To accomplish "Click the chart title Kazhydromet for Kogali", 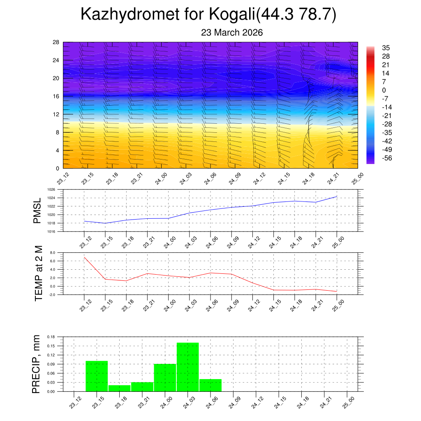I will (x=208, y=14).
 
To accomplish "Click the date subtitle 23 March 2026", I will (x=232, y=32).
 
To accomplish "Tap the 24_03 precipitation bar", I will (x=188, y=367).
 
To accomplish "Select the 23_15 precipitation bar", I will (x=97, y=376).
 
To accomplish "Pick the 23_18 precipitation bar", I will (x=120, y=388).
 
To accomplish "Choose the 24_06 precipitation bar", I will (x=210, y=385).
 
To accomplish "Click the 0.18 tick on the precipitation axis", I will (x=51, y=337).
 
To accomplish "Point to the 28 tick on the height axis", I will (x=56, y=42).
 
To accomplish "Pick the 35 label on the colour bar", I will (x=386, y=48).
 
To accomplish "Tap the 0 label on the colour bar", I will (x=384, y=90).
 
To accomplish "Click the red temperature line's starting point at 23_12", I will (x=84, y=257).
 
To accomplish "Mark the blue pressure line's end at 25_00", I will (x=337, y=197).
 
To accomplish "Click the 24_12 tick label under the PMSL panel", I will (x=252, y=243).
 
